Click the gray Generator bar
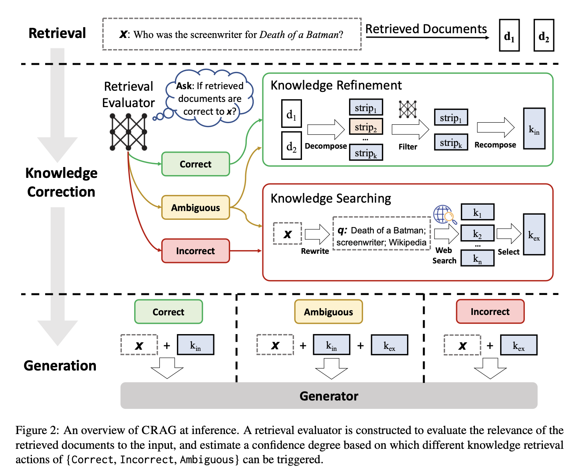[329, 395]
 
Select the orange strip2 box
[366, 126]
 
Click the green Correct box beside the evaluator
[196, 164]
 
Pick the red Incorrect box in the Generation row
[490, 311]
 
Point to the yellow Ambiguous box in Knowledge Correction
[196, 207]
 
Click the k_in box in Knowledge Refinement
[534, 128]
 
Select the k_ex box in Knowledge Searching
[534, 235]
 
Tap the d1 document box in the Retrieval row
[509, 35]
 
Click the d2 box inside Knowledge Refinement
[292, 145]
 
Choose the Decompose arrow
[326, 129]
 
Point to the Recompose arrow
[496, 127]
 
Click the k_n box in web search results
[477, 258]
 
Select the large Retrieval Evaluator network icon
[128, 132]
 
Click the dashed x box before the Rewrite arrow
[287, 233]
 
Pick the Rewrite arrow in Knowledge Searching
[317, 234]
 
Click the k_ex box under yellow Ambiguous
[389, 345]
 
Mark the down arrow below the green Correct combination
[167, 368]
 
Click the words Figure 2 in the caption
[37, 430]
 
